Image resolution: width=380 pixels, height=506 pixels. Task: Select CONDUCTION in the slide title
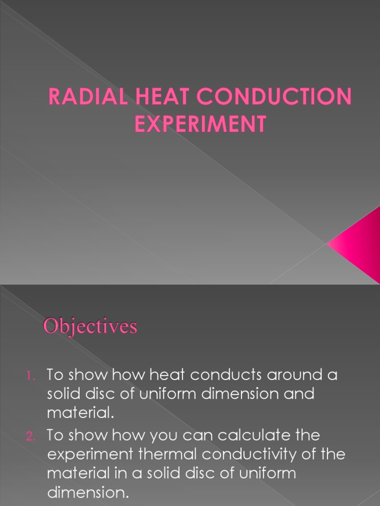point(275,97)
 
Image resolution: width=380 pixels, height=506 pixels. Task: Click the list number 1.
point(30,376)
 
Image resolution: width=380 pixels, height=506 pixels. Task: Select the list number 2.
point(30,436)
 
